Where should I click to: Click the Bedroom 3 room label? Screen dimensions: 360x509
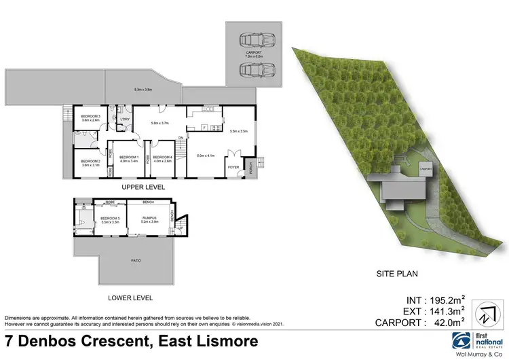(90, 115)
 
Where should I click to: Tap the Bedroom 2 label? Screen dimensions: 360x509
(90, 161)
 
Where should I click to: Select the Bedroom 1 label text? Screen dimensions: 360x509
(129, 158)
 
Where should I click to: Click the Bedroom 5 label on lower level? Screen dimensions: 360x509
(110, 218)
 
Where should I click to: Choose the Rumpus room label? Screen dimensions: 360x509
(149, 218)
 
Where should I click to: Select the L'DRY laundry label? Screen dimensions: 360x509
(124, 120)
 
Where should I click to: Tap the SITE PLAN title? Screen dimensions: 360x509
(397, 274)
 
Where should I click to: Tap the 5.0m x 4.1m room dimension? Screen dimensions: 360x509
(206, 156)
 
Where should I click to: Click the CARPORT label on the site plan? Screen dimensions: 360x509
(426, 167)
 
